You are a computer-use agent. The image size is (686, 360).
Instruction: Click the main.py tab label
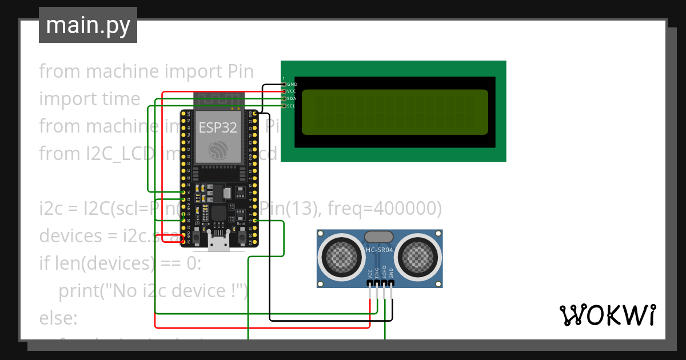coord(87,25)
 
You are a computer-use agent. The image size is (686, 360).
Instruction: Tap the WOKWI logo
coord(607,315)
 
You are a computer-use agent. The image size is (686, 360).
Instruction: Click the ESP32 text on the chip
coord(217,127)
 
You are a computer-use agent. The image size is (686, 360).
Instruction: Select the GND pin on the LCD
coord(284,84)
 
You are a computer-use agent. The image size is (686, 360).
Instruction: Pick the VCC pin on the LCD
coord(284,91)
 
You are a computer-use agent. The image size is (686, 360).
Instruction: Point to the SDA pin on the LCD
coord(284,98)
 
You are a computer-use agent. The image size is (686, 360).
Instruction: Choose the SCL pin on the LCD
coord(284,106)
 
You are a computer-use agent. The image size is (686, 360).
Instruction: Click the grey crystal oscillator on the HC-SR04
coord(379,236)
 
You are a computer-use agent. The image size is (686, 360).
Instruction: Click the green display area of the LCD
coord(394,112)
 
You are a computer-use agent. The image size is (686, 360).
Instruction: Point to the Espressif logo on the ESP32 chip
coord(218,150)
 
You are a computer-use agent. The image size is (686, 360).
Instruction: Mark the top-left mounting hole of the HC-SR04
coord(322,234)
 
